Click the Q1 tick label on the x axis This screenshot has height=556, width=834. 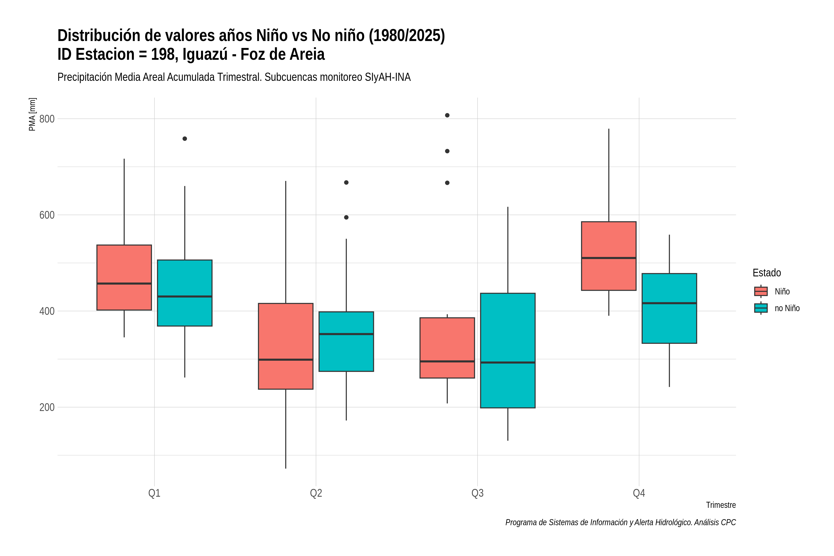pyautogui.click(x=154, y=493)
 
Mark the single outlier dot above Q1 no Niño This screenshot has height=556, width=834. pyautogui.click(x=185, y=139)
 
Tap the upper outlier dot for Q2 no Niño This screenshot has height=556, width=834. pyautogui.click(x=346, y=183)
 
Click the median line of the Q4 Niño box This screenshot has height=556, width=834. pyautogui.click(x=609, y=258)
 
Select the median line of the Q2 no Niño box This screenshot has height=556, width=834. pyautogui.click(x=346, y=334)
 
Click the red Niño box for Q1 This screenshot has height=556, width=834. pyautogui.click(x=124, y=278)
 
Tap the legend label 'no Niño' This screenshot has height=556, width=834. pyautogui.click(x=787, y=308)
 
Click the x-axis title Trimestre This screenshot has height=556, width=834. pyautogui.click(x=721, y=505)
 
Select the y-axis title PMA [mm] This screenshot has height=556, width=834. pyautogui.click(x=32, y=114)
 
